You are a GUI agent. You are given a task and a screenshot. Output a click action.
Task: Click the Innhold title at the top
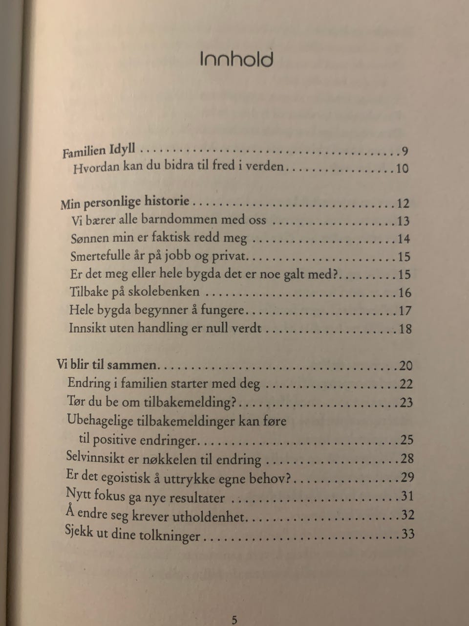pos(236,59)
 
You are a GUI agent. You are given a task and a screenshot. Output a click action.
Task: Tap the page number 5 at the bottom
pos(234,620)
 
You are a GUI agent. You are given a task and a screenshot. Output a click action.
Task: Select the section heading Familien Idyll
pos(99,150)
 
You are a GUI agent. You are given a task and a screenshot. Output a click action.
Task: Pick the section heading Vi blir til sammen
pos(107,364)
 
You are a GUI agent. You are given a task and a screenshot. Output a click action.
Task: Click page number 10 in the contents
pos(402,169)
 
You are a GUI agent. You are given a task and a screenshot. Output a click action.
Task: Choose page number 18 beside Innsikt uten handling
pos(405,328)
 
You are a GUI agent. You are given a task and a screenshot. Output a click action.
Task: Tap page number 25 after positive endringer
pos(406,440)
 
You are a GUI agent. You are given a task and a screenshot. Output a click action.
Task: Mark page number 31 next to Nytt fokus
pos(407,496)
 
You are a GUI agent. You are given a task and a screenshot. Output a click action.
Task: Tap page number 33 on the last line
pos(407,533)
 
